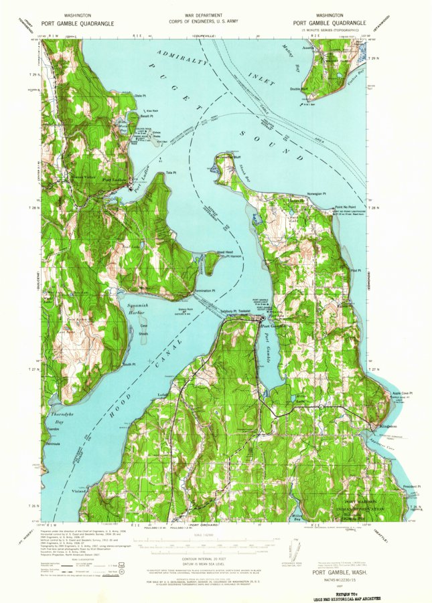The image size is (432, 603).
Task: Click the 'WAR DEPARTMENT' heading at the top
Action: pyautogui.click(x=216, y=14)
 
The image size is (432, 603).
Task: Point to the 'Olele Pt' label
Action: pyautogui.click(x=139, y=96)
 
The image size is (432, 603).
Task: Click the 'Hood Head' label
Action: pyautogui.click(x=224, y=252)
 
